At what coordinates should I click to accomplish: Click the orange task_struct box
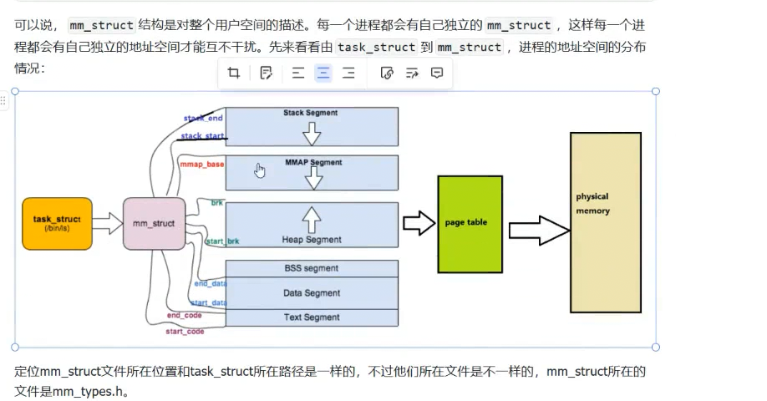point(57,223)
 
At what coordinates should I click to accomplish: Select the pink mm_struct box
point(154,223)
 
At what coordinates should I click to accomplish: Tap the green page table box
point(470,223)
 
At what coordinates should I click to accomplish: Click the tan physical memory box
point(605,221)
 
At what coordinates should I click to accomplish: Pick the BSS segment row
point(311,268)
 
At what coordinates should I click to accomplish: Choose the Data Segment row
point(311,293)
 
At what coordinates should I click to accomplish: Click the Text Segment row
point(311,317)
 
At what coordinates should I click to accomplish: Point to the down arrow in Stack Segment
point(312,132)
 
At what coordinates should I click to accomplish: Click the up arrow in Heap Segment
point(311,220)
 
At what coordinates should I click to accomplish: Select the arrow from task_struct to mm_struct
point(107,223)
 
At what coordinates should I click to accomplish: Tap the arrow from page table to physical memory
point(539,230)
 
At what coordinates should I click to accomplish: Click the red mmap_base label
point(202,165)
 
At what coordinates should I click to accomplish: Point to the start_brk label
point(222,241)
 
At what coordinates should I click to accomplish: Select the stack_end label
point(203,119)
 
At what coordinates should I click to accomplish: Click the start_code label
point(185,332)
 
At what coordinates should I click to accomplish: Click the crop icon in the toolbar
point(234,74)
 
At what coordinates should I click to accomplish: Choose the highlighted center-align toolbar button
point(323,74)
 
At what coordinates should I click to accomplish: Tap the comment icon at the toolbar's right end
point(436,74)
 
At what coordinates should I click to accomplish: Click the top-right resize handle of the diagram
point(655,91)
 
